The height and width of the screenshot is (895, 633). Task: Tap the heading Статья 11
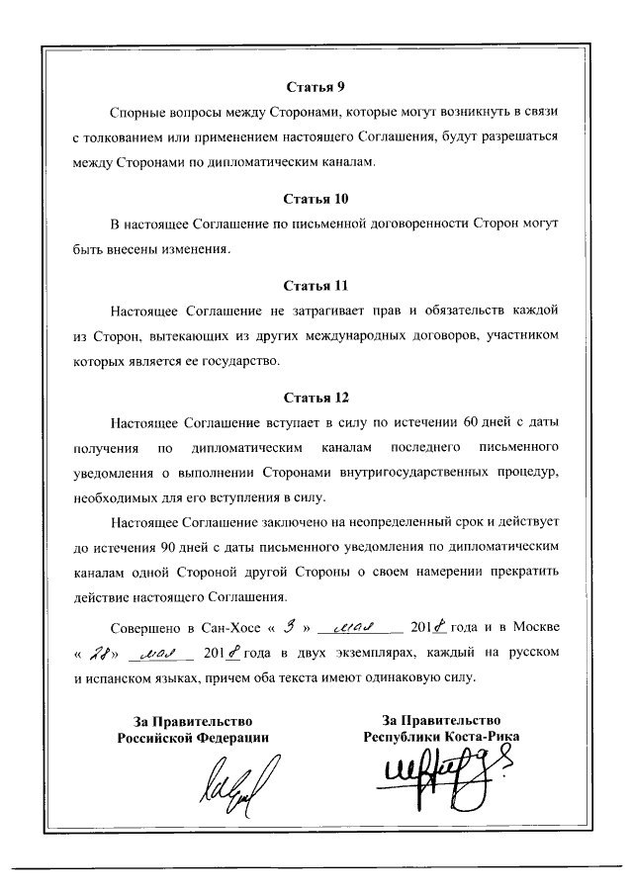pyautogui.click(x=316, y=287)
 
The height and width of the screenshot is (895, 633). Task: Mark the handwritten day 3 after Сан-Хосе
pyautogui.click(x=290, y=625)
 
